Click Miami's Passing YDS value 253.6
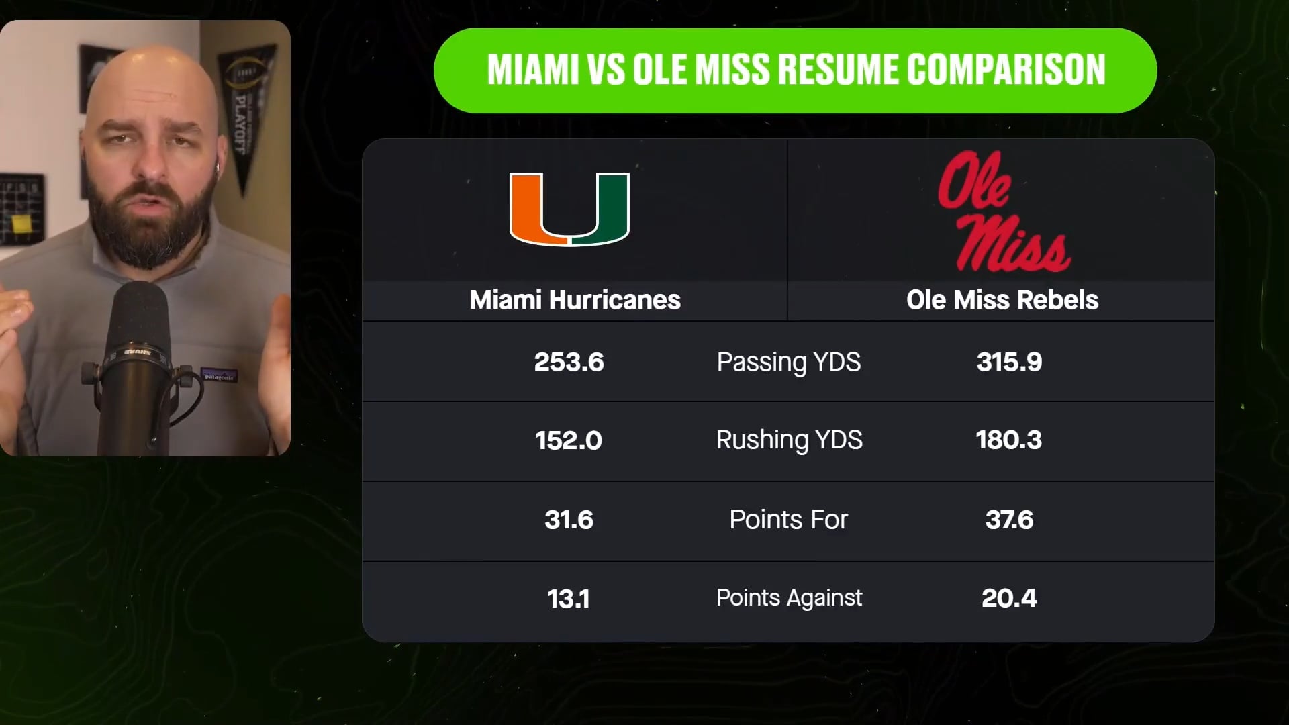569,362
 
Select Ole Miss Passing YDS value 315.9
1009,362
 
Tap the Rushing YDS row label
789,440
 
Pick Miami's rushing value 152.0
569,441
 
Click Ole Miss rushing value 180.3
1009,440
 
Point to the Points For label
789,520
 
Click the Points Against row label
789,598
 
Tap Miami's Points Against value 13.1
569,599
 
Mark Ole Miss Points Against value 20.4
1009,598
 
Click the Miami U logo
569,209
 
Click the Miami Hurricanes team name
575,300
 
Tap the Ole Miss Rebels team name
1002,300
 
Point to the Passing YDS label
789,362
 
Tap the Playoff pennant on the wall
246,107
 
